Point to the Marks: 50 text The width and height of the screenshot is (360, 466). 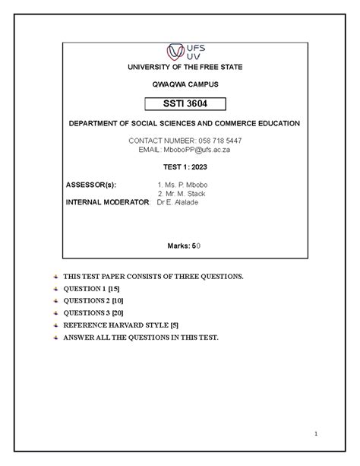[x=185, y=246]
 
